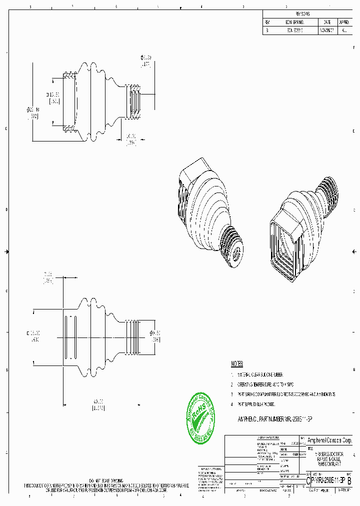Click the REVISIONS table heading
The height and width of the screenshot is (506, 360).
(302, 14)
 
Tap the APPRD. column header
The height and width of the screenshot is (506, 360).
(344, 22)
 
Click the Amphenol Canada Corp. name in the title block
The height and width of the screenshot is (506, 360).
(329, 440)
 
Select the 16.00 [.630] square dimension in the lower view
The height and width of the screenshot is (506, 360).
(34, 335)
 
